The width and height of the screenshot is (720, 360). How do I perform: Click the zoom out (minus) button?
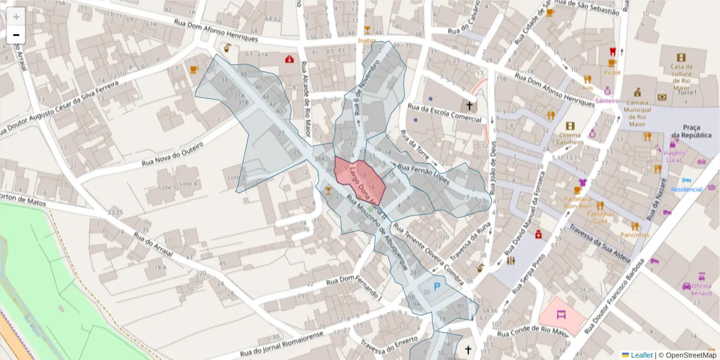click(x=16, y=35)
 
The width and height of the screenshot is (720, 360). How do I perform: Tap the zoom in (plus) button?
click(x=16, y=16)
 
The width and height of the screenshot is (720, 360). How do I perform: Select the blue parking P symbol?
click(x=437, y=287)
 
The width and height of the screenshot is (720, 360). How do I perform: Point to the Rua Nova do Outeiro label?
click(x=173, y=155)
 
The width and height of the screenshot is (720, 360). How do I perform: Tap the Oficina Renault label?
click(x=701, y=290)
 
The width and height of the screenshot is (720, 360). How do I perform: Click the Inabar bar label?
click(x=367, y=40)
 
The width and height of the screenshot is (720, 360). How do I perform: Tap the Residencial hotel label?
click(x=686, y=190)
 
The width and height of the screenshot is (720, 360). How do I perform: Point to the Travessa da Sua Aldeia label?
click(x=599, y=245)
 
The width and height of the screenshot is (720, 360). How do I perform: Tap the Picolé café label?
click(x=612, y=73)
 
